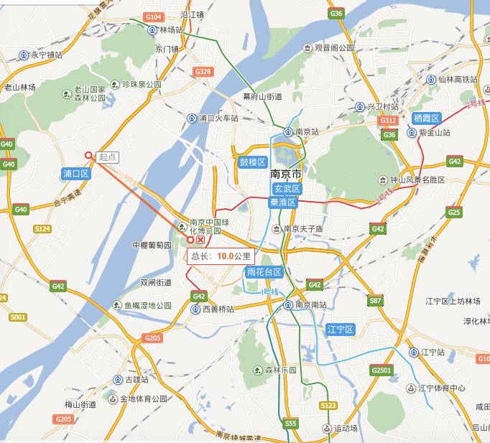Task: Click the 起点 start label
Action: (107, 157)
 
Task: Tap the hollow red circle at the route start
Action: (89, 155)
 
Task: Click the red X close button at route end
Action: (200, 240)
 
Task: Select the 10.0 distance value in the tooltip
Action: (225, 256)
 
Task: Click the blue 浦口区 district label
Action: (75, 174)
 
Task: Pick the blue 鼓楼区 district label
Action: (253, 162)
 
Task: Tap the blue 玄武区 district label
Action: (286, 188)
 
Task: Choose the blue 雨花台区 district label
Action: (264, 272)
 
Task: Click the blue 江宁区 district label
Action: (340, 330)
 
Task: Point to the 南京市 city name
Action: (286, 174)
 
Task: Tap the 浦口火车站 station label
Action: (218, 118)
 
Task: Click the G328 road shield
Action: (203, 72)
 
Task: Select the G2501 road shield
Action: (382, 370)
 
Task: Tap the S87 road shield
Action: (374, 301)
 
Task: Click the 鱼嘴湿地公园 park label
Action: (147, 305)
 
